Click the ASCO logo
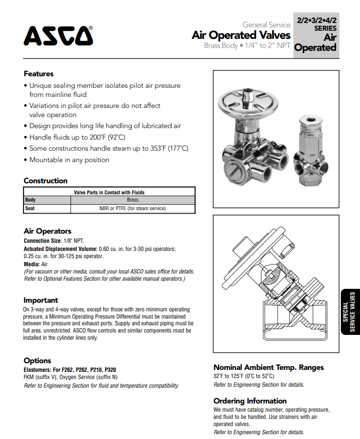click(x=58, y=36)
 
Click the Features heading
click(x=38, y=74)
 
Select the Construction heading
click(x=46, y=181)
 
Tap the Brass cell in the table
click(x=133, y=200)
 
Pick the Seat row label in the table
click(x=30, y=209)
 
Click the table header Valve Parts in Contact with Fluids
click(x=109, y=192)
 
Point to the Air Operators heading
click(x=47, y=231)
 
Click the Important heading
click(x=41, y=300)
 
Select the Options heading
click(x=37, y=361)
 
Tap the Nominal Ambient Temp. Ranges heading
click(x=268, y=368)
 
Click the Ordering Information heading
click(x=250, y=401)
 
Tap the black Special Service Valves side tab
click(x=348, y=312)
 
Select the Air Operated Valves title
click(x=241, y=36)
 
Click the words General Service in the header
click(x=266, y=24)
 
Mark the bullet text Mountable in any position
click(x=69, y=160)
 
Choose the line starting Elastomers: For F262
click(x=70, y=370)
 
